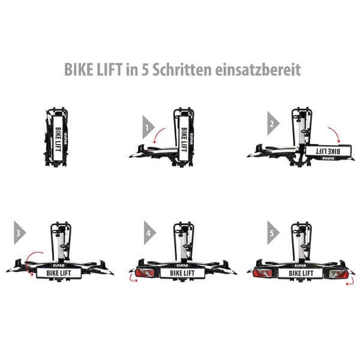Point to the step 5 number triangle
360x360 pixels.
pyautogui.click(x=274, y=231)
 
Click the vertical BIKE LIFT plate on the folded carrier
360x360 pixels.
pyautogui.click(x=58, y=137)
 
